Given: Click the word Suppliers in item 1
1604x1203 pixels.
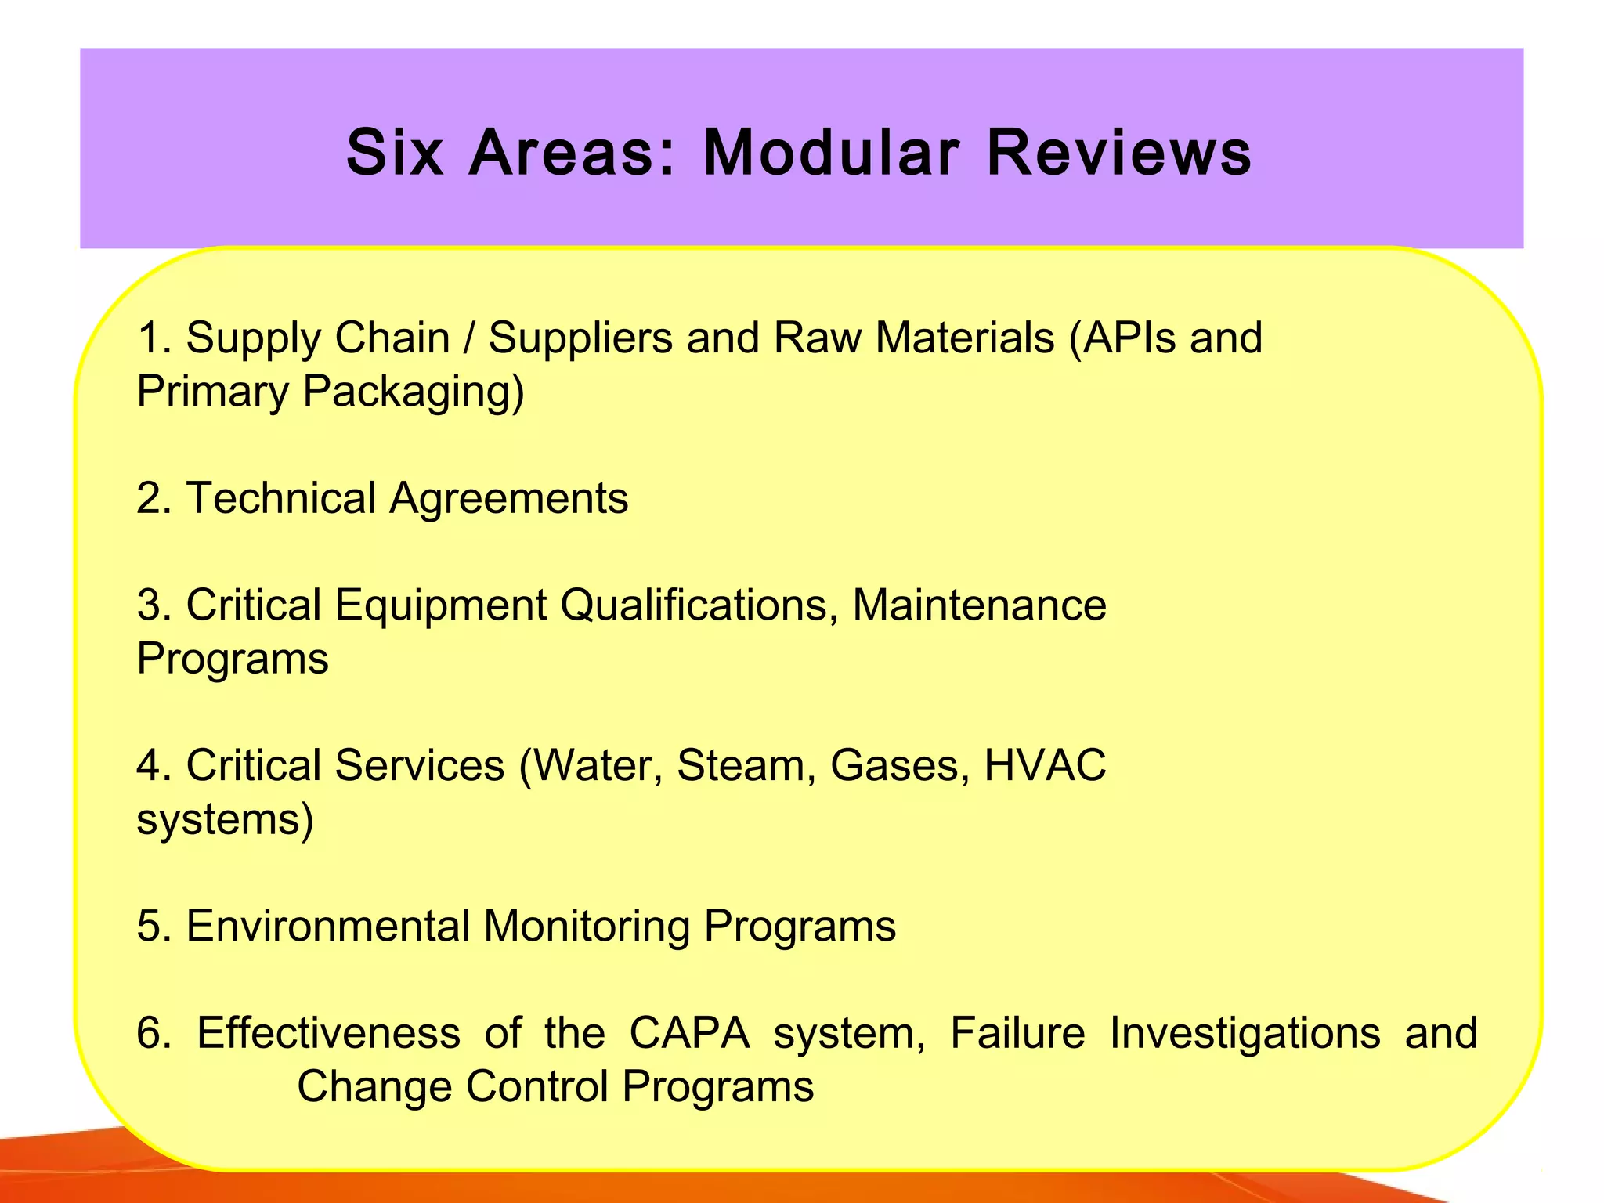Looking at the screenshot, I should [580, 338].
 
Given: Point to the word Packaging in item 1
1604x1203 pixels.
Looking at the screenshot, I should [413, 392].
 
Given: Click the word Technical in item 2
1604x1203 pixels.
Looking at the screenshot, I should [281, 498].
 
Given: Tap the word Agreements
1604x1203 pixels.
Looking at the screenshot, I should [509, 498].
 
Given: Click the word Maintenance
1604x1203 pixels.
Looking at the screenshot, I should [979, 605].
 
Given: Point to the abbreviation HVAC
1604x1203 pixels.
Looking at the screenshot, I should [1045, 765].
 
